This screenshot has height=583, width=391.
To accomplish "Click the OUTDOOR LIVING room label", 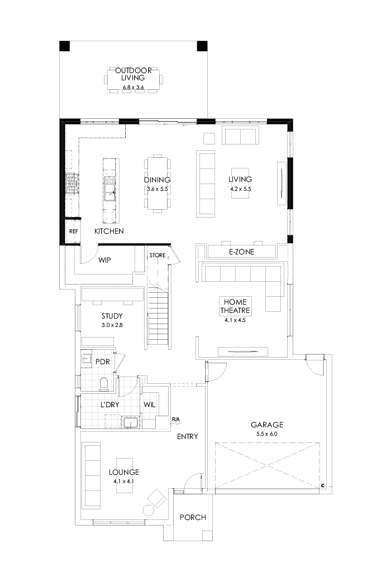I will pos(133,74).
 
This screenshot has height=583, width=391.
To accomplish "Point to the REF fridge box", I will pos(73,231).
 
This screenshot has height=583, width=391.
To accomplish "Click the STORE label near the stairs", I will pos(157,256).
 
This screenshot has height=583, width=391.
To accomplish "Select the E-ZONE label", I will pos(242,252).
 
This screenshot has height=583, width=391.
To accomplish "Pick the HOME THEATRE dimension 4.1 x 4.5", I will pos(234,320).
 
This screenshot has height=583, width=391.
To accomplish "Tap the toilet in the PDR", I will pos(103,382).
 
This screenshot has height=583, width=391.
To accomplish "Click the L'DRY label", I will pos(110,404).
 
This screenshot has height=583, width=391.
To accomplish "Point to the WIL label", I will pos(150,404).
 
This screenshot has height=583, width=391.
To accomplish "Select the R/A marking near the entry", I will pos(175,419).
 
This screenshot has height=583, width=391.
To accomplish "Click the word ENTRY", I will pos(188,437).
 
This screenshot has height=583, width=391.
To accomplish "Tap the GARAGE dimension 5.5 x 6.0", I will pos(267,433).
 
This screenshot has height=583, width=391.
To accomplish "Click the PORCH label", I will pos(192,517).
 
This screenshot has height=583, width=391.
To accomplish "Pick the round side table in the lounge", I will pos(149,509).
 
